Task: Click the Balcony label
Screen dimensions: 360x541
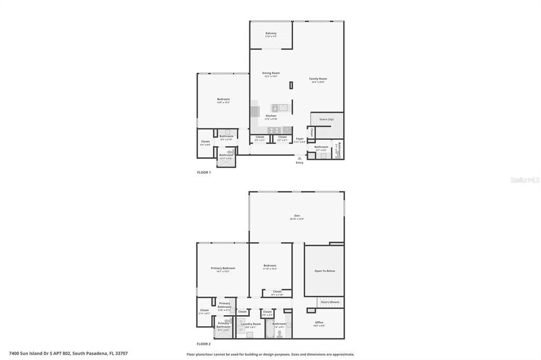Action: click(x=270, y=33)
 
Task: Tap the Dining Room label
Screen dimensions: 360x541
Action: click(x=271, y=73)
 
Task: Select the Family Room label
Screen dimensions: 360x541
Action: click(x=318, y=79)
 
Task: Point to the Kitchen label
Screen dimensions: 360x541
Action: click(x=271, y=116)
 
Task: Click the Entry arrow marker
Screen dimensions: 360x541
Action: click(x=300, y=158)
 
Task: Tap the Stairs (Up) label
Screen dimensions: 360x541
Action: click(x=327, y=119)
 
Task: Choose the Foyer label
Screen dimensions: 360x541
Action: click(x=300, y=139)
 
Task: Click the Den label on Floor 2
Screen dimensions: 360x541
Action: click(x=297, y=215)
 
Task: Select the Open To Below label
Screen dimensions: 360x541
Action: click(x=324, y=271)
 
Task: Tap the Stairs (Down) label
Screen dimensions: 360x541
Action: click(x=330, y=302)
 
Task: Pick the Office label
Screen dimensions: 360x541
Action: click(x=319, y=322)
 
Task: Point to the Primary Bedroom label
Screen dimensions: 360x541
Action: click(x=223, y=268)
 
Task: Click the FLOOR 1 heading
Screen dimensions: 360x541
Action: click(x=204, y=173)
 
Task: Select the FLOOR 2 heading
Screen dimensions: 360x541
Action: click(x=204, y=344)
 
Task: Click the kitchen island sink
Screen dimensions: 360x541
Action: click(x=284, y=108)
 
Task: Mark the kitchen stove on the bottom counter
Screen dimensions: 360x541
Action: click(x=273, y=130)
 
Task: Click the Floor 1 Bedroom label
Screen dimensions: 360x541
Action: click(x=223, y=99)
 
